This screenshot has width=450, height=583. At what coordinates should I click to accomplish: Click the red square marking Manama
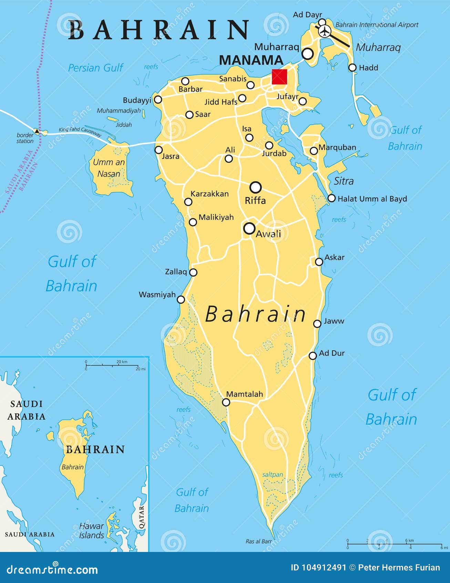(279, 77)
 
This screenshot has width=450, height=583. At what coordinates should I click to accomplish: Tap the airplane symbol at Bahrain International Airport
(324, 31)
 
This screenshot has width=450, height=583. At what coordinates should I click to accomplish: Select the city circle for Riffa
(256, 187)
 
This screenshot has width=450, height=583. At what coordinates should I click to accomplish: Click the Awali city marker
(249, 228)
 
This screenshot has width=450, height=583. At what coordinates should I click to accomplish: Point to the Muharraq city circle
(307, 53)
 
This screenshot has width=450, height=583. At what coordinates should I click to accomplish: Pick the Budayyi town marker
(158, 100)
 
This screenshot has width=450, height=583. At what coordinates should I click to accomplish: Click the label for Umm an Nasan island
(109, 168)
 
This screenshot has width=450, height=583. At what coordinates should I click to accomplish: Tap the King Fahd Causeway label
(80, 131)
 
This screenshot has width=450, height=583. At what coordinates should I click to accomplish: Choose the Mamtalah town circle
(226, 402)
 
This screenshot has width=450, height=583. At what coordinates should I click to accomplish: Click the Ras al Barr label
(259, 541)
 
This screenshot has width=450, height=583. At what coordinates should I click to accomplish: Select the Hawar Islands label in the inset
(91, 531)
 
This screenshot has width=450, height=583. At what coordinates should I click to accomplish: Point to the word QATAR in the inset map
(142, 517)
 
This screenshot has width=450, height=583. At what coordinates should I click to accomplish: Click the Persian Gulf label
(95, 68)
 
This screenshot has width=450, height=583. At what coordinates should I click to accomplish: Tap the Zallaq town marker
(194, 273)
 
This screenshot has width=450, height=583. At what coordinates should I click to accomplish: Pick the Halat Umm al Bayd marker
(331, 198)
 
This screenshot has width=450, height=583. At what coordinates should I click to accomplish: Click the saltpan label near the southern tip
(273, 475)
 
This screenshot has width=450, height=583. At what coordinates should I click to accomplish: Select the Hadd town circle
(352, 68)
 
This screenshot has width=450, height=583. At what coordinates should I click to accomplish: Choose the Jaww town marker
(317, 324)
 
